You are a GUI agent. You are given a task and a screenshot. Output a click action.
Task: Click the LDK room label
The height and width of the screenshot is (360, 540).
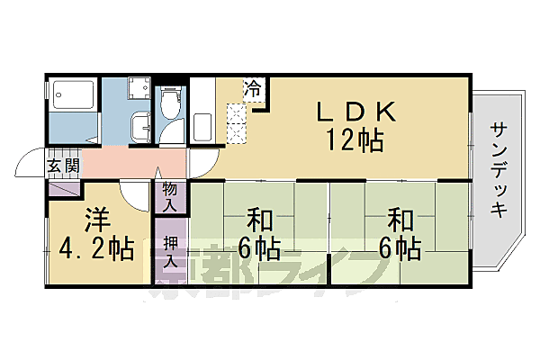pyautogui.click(x=355, y=112)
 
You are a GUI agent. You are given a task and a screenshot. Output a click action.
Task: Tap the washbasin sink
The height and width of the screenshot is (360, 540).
pyautogui.click(x=139, y=126)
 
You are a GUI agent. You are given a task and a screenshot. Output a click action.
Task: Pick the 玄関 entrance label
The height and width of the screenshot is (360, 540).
pyautogui.click(x=63, y=166)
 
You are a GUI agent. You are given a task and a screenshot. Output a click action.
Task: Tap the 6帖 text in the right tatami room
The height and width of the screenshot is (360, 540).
pyautogui.click(x=399, y=247)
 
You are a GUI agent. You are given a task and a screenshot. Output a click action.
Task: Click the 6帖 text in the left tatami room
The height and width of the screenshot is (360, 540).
pyautogui.click(x=258, y=247)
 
